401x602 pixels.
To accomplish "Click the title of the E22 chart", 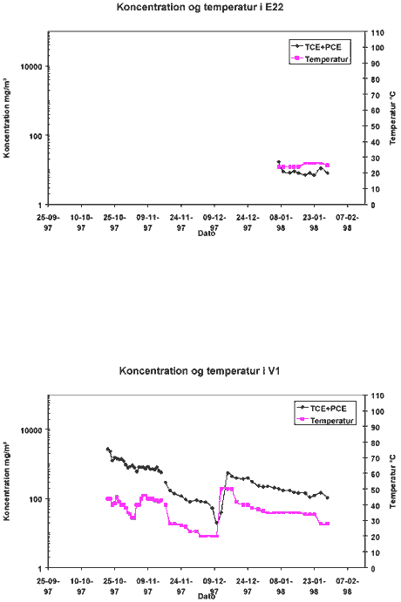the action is (x=200, y=7).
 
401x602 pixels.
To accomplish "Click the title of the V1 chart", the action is (x=200, y=371).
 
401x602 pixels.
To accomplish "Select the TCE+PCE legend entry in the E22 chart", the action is (x=317, y=47).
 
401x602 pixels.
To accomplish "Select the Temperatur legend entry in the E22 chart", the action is (x=320, y=59).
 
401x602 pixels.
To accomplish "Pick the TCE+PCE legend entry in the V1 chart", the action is (x=323, y=408).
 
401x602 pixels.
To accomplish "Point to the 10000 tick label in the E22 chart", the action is (x=31, y=66).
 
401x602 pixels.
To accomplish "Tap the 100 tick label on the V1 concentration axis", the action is (x=36, y=498).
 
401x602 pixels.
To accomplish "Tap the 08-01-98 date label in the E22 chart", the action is (x=281, y=223).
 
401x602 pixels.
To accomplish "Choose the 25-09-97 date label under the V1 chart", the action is (x=48, y=586).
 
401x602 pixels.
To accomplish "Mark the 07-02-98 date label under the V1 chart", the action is (x=347, y=586).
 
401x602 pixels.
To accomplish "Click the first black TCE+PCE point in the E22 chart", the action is (x=279, y=162).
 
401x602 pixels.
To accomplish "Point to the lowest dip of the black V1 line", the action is (x=217, y=523).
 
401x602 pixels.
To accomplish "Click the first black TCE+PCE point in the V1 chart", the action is (x=107, y=449).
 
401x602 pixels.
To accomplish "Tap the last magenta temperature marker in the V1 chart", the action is (x=328, y=524).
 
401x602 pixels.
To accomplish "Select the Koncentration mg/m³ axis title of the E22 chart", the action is (x=7, y=118).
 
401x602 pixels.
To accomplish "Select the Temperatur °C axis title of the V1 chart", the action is (x=392, y=482).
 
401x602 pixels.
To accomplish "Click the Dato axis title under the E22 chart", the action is (x=207, y=233).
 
